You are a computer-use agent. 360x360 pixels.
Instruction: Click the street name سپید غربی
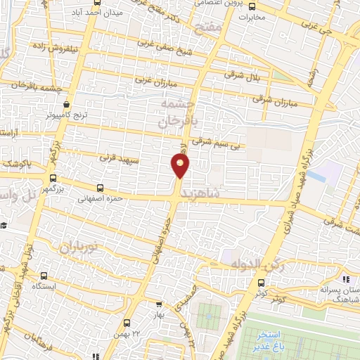coord(116,158)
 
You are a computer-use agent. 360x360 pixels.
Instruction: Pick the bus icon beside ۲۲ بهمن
coord(127,323)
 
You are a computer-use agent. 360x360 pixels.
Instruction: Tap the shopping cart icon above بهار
coord(159,305)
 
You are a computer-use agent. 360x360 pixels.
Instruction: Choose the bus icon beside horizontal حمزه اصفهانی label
coord(101,188)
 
